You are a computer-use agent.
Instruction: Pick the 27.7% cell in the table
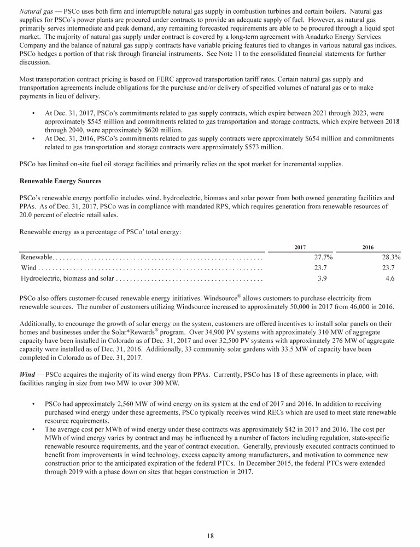tap(323, 257)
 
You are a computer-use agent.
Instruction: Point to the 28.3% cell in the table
tap(391, 257)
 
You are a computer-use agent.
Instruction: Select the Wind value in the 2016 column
tap(389, 267)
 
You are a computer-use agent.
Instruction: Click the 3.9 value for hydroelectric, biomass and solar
tap(323, 278)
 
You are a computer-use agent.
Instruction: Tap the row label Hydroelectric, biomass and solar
tap(67, 278)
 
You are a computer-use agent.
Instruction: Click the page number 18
tap(210, 536)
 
